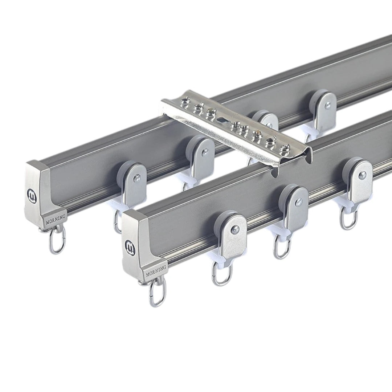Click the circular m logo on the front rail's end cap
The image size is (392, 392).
[x=130, y=246]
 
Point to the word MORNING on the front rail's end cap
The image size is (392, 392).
[x=156, y=271]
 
